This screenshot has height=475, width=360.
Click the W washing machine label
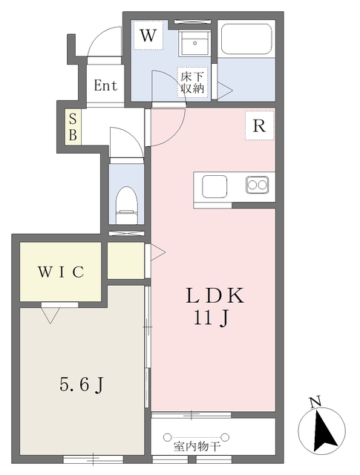pyautogui.click(x=148, y=36)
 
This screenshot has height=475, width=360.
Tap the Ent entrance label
pyautogui.click(x=105, y=85)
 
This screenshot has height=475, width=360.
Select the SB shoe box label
pyautogui.click(x=73, y=127)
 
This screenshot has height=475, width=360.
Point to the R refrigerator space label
pyautogui.click(x=259, y=125)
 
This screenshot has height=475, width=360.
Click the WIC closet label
pyautogui.click(x=61, y=272)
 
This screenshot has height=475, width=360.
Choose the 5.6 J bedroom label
pyautogui.click(x=82, y=385)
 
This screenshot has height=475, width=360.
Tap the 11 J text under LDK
pyautogui.click(x=211, y=318)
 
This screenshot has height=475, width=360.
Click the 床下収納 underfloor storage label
pyautogui.click(x=192, y=82)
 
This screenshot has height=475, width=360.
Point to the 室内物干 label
pyautogui.click(x=197, y=446)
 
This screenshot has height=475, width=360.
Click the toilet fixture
pyautogui.click(x=127, y=206)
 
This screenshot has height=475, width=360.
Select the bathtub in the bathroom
pyautogui.click(x=246, y=39)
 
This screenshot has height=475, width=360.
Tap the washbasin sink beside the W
pyautogui.click(x=194, y=43)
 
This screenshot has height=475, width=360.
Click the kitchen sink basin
pyautogui.click(x=215, y=186)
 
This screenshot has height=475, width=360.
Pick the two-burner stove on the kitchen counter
pyautogui.click(x=258, y=184)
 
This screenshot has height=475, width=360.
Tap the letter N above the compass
pyautogui.click(x=315, y=402)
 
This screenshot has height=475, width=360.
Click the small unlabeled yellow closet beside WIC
pyautogui.click(x=125, y=261)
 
